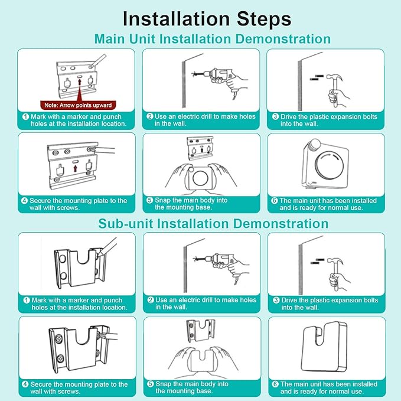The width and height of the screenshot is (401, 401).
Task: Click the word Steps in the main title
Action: point(264,19)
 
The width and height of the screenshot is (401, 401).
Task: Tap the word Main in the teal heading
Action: point(110,39)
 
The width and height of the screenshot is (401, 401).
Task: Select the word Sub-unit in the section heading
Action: point(125,223)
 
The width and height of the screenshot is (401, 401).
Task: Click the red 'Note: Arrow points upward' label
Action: point(78,105)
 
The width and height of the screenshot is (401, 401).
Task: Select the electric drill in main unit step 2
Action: point(220,80)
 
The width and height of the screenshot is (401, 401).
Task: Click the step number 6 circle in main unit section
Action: point(275,201)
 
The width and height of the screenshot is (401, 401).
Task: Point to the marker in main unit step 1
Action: point(98,61)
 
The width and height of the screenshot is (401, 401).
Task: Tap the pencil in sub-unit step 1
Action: point(108,246)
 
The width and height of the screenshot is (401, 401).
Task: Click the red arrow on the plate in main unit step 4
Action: point(75,168)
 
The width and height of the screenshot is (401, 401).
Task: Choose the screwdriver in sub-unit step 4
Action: point(107,336)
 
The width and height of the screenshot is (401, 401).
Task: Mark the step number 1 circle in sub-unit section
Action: point(27,300)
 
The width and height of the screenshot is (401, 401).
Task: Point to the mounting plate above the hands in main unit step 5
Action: point(200,148)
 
